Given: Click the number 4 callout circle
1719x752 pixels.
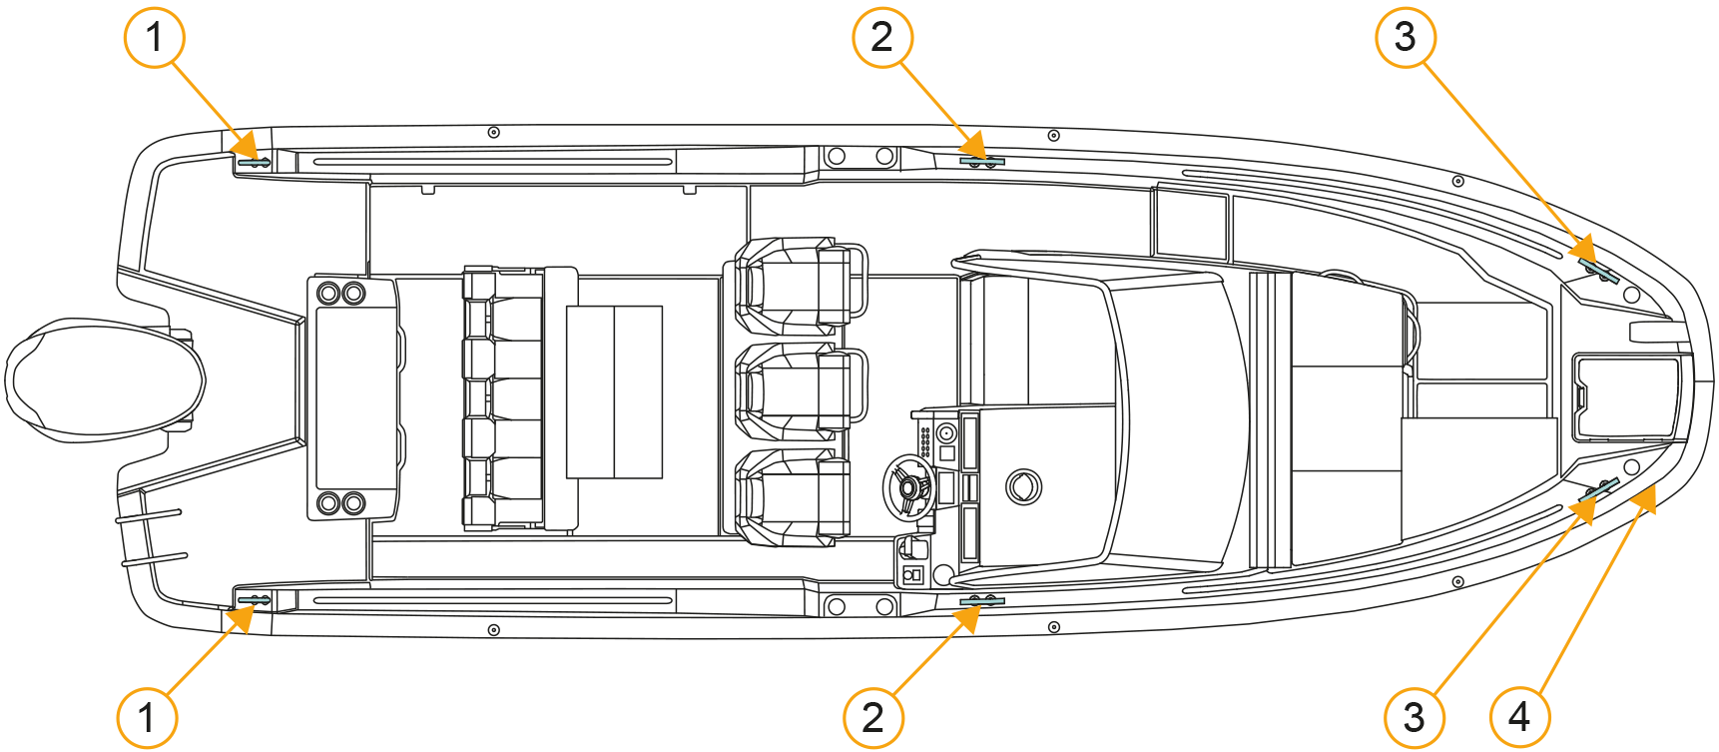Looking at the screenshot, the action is pyautogui.click(x=1518, y=716).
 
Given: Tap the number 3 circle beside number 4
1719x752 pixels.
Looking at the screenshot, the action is pyautogui.click(x=1414, y=716).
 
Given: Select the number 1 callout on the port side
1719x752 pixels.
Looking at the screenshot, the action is pyautogui.click(x=155, y=37).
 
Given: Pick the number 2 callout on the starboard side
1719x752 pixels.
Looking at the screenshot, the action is pyautogui.click(x=872, y=716).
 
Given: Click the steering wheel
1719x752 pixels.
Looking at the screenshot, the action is pyautogui.click(x=908, y=487).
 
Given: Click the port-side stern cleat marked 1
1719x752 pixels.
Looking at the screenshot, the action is pyautogui.click(x=254, y=162).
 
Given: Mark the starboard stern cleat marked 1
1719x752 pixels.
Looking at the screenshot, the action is pyautogui.click(x=254, y=600).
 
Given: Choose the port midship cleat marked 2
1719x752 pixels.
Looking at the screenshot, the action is pyautogui.click(x=981, y=160).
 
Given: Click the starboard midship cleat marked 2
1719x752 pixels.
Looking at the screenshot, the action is pyautogui.click(x=981, y=601).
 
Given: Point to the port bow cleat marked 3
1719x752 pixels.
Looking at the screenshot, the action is pyautogui.click(x=1599, y=271).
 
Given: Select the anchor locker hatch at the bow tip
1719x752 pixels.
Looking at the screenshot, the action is pyautogui.click(x=1626, y=397).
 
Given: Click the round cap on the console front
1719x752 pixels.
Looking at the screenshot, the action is pyautogui.click(x=1023, y=487).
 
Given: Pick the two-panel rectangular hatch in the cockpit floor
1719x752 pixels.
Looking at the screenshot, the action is pyautogui.click(x=614, y=392).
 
